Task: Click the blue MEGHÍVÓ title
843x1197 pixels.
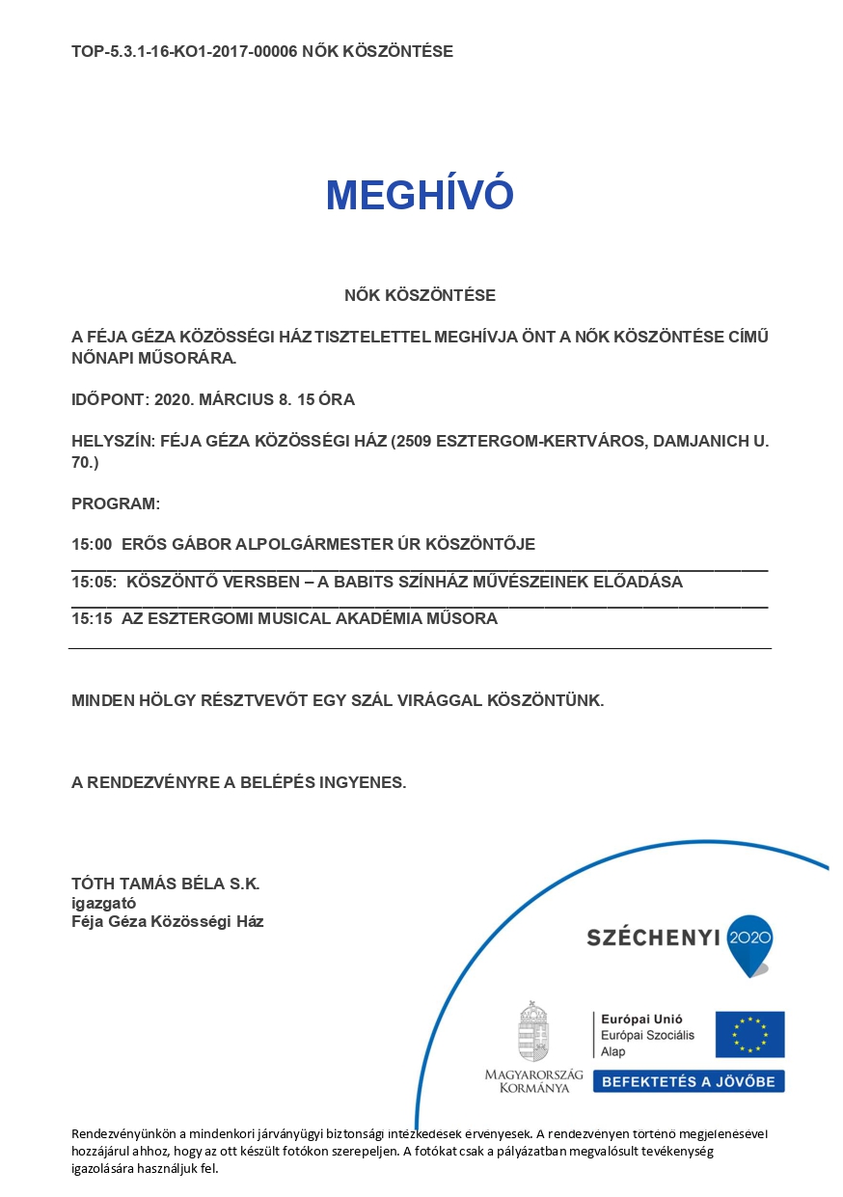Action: click(420, 195)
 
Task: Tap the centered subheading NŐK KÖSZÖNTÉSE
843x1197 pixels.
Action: click(420, 295)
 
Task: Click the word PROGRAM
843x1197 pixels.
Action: click(114, 504)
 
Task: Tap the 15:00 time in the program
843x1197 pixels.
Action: click(92, 544)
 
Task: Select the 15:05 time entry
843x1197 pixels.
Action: click(94, 583)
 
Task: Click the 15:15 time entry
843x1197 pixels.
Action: click(92, 619)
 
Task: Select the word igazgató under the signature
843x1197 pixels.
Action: click(103, 903)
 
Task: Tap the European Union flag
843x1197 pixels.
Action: click(749, 1034)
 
